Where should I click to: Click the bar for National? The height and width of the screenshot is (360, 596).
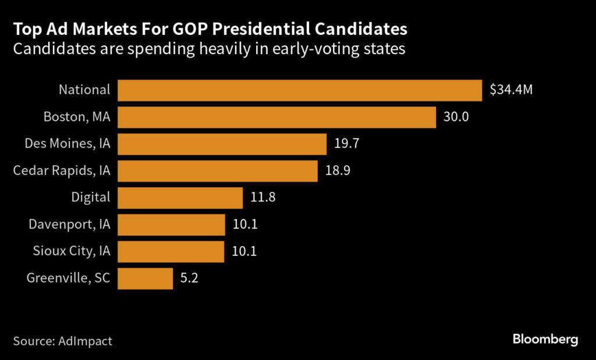tap(300, 90)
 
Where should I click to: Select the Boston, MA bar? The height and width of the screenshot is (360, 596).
tap(276, 117)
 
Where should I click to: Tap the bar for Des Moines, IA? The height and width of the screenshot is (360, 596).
tap(222, 144)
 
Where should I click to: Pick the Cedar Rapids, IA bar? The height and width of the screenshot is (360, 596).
tap(217, 170)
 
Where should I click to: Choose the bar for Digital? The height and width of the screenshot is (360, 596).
tap(180, 197)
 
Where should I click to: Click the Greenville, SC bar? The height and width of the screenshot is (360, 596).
tap(145, 278)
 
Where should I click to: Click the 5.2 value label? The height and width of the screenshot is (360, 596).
tap(189, 278)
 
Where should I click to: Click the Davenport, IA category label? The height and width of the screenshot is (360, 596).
tap(69, 224)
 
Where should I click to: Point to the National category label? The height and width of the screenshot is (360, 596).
tap(84, 90)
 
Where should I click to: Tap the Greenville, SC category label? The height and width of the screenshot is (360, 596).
tap(68, 278)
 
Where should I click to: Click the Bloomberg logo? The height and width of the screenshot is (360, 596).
tap(545, 340)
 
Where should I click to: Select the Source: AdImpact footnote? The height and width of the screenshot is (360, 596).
tap(63, 341)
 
